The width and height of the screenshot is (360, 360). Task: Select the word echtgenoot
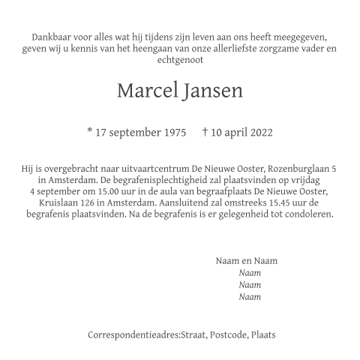click(180, 59)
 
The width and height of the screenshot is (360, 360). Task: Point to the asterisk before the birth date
click(90, 132)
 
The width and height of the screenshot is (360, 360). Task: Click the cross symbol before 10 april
click(205, 133)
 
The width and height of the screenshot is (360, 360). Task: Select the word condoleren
click(307, 214)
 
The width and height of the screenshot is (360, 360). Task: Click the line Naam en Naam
click(246, 261)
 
